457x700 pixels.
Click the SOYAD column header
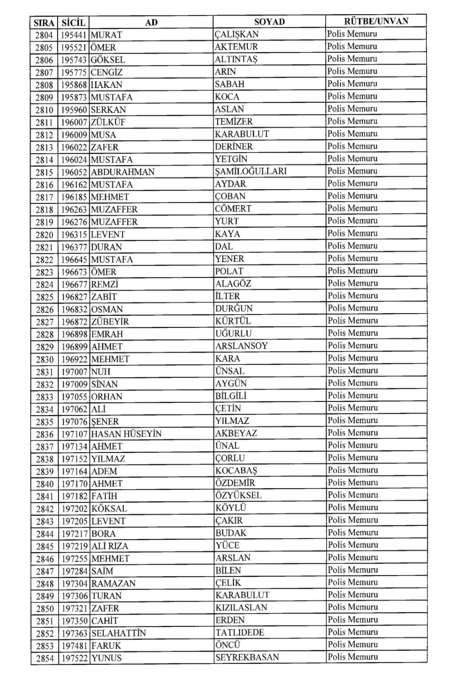pyautogui.click(x=269, y=21)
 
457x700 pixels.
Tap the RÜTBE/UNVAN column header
pyautogui.click(x=376, y=21)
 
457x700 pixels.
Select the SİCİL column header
pyautogui.click(x=74, y=22)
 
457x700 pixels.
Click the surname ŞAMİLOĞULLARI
pyautogui.click(x=251, y=171)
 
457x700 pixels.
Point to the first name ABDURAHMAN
pyautogui.click(x=122, y=172)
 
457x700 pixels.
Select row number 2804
pyautogui.click(x=44, y=35)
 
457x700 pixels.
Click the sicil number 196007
pyautogui.click(x=74, y=122)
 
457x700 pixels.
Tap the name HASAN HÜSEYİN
pyautogui.click(x=126, y=434)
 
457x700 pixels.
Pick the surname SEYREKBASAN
pyautogui.click(x=247, y=657)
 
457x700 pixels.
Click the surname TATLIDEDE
pyautogui.click(x=239, y=633)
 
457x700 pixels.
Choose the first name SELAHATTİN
pyautogui.click(x=118, y=633)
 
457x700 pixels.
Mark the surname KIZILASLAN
pyautogui.click(x=241, y=608)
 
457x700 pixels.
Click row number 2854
pyautogui.click(x=44, y=658)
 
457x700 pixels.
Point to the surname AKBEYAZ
pyautogui.click(x=236, y=433)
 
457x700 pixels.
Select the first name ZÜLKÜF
pyautogui.click(x=108, y=122)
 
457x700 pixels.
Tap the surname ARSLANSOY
pyautogui.click(x=241, y=346)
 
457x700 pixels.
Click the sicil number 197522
pyautogui.click(x=74, y=658)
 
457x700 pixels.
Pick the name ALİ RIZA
pyautogui.click(x=110, y=546)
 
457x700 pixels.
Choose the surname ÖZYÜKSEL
pyautogui.click(x=238, y=496)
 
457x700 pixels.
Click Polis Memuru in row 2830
pyautogui.click(x=352, y=358)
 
